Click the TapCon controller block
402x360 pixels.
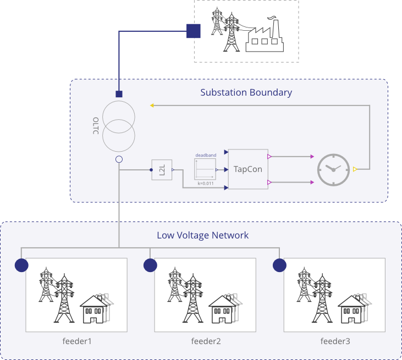[248, 169]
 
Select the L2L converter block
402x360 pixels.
[162, 170]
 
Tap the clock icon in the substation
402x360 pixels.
[333, 169]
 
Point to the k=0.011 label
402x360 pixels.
[206, 183]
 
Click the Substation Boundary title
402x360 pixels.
[246, 92]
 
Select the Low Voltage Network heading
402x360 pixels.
[203, 235]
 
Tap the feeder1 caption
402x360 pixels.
[76, 341]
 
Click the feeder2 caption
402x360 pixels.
[206, 341]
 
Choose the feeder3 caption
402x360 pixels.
[335, 341]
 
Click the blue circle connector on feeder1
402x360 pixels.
[21, 265]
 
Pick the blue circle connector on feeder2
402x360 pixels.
[150, 265]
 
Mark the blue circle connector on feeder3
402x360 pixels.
[279, 265]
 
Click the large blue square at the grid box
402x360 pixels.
[193, 31]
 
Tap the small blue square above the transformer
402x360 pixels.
[119, 94]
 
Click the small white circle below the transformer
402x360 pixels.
[119, 159]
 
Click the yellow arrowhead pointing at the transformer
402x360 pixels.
[152, 105]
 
